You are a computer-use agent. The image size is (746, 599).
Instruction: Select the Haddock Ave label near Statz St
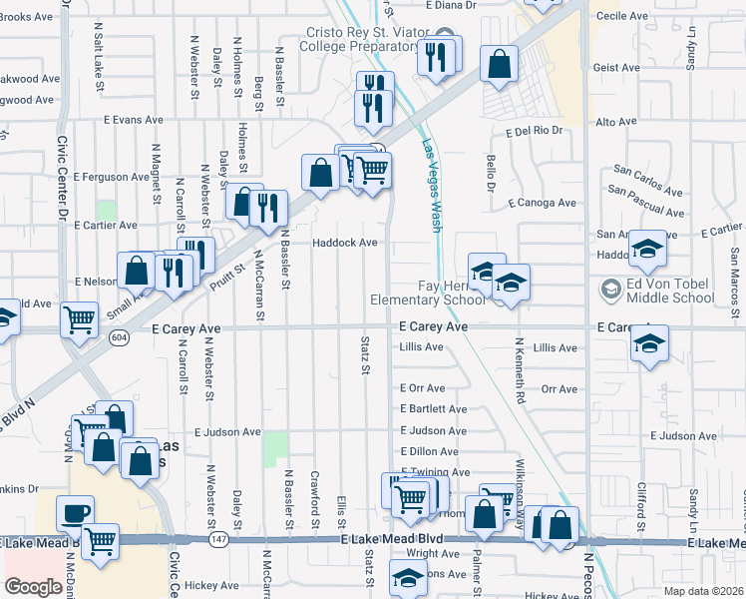(x=345, y=243)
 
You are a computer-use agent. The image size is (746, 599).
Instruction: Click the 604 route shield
(x=118, y=339)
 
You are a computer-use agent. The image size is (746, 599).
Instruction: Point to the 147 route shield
(x=216, y=539)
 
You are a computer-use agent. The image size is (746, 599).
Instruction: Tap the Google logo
(x=33, y=586)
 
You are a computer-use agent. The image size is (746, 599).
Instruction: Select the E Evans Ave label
(x=132, y=120)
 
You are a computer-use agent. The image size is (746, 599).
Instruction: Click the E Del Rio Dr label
(x=534, y=131)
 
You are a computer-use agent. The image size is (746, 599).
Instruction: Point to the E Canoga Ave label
(x=542, y=203)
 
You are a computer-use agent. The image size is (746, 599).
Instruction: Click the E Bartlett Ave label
(x=433, y=409)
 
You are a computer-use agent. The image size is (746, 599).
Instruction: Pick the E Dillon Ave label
(x=428, y=452)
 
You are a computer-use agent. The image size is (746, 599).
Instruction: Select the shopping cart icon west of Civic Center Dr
(x=80, y=320)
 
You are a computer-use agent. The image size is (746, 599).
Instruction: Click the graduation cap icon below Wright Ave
(x=407, y=579)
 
